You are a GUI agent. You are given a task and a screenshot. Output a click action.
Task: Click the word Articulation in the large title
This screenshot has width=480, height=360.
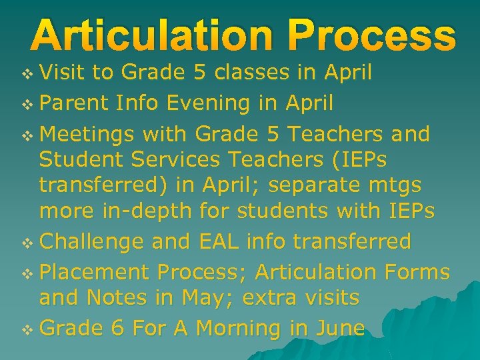point(150,37)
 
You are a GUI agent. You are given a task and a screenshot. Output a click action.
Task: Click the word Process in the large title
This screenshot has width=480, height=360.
point(365,37)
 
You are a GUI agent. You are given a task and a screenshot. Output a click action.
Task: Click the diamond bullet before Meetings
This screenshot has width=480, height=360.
point(27,135)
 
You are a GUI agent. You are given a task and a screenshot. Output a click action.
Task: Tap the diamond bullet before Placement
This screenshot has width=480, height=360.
point(27,273)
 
